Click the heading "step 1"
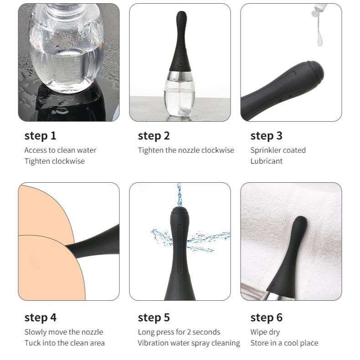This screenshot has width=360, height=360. [40, 136]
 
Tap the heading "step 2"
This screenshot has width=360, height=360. [154, 136]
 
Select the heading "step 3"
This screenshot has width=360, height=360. [266, 136]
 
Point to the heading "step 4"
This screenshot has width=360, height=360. [40, 318]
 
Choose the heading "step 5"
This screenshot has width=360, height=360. [154, 318]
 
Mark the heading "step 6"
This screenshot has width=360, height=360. [266, 318]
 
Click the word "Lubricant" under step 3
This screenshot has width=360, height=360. [266, 161]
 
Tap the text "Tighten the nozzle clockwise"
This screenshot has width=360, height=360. [186, 150]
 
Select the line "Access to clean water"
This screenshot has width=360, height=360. [61, 150]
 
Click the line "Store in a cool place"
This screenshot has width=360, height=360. [284, 343]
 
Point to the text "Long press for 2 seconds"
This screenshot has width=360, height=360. [179, 332]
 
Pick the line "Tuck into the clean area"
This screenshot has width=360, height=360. [65, 343]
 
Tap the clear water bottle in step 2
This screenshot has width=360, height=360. [180, 94]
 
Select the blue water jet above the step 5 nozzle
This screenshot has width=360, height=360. [179, 195]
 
